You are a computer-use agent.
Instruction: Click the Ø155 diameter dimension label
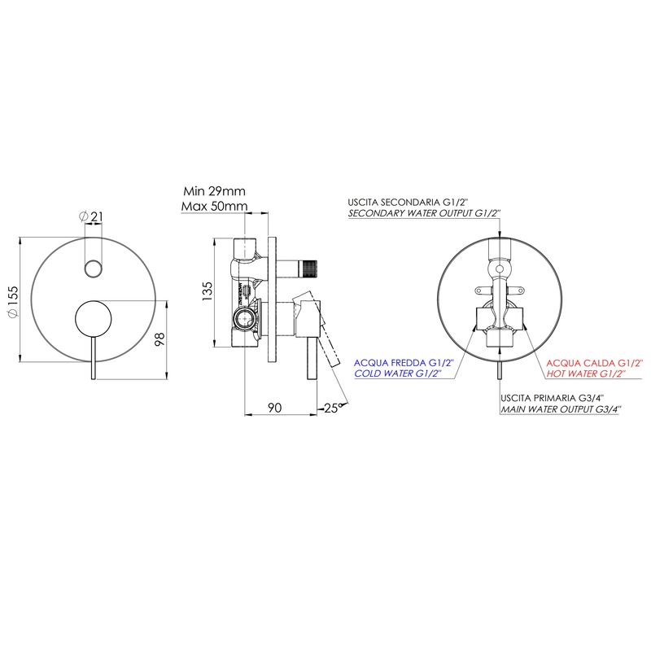click(13, 301)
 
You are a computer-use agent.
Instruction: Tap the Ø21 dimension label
click(91, 216)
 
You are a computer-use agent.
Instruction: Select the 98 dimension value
click(159, 339)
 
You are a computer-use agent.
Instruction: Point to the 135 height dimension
click(207, 291)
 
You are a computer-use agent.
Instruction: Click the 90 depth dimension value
click(274, 408)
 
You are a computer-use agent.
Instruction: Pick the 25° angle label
click(333, 408)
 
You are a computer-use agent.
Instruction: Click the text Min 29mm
click(214, 191)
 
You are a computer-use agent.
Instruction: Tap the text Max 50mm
click(214, 206)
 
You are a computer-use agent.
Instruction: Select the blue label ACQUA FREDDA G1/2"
click(403, 362)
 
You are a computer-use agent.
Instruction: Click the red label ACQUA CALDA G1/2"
click(594, 363)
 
